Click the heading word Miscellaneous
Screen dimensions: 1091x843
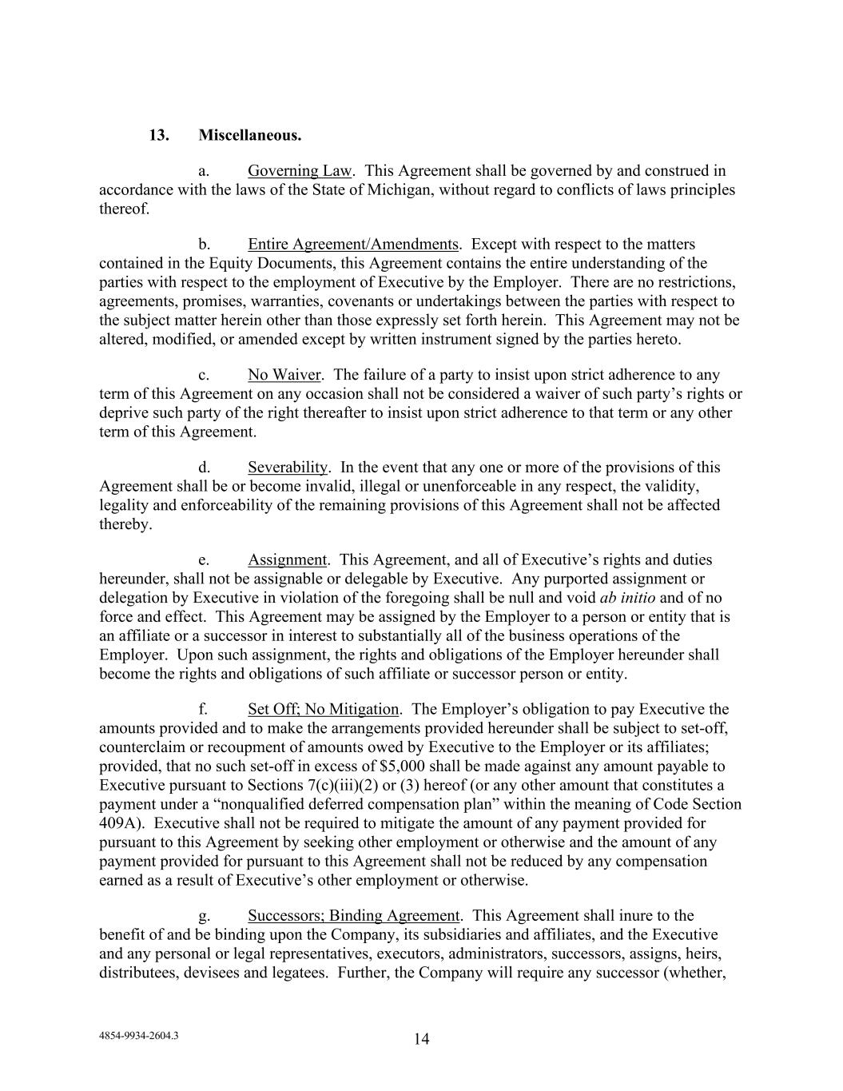(250, 135)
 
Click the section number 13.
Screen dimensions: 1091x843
(158, 135)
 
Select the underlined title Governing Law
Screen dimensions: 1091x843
(299, 171)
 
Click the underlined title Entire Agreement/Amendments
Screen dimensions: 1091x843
(353, 245)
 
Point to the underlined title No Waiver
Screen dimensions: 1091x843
(284, 375)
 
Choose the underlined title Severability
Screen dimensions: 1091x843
(288, 468)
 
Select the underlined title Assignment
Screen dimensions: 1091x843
(288, 560)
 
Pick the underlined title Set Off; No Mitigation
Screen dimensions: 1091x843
(323, 709)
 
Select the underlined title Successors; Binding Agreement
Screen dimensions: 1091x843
(353, 916)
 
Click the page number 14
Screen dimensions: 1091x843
(422, 1039)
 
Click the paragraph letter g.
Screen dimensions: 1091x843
(204, 916)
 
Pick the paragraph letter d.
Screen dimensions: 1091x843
(204, 468)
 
